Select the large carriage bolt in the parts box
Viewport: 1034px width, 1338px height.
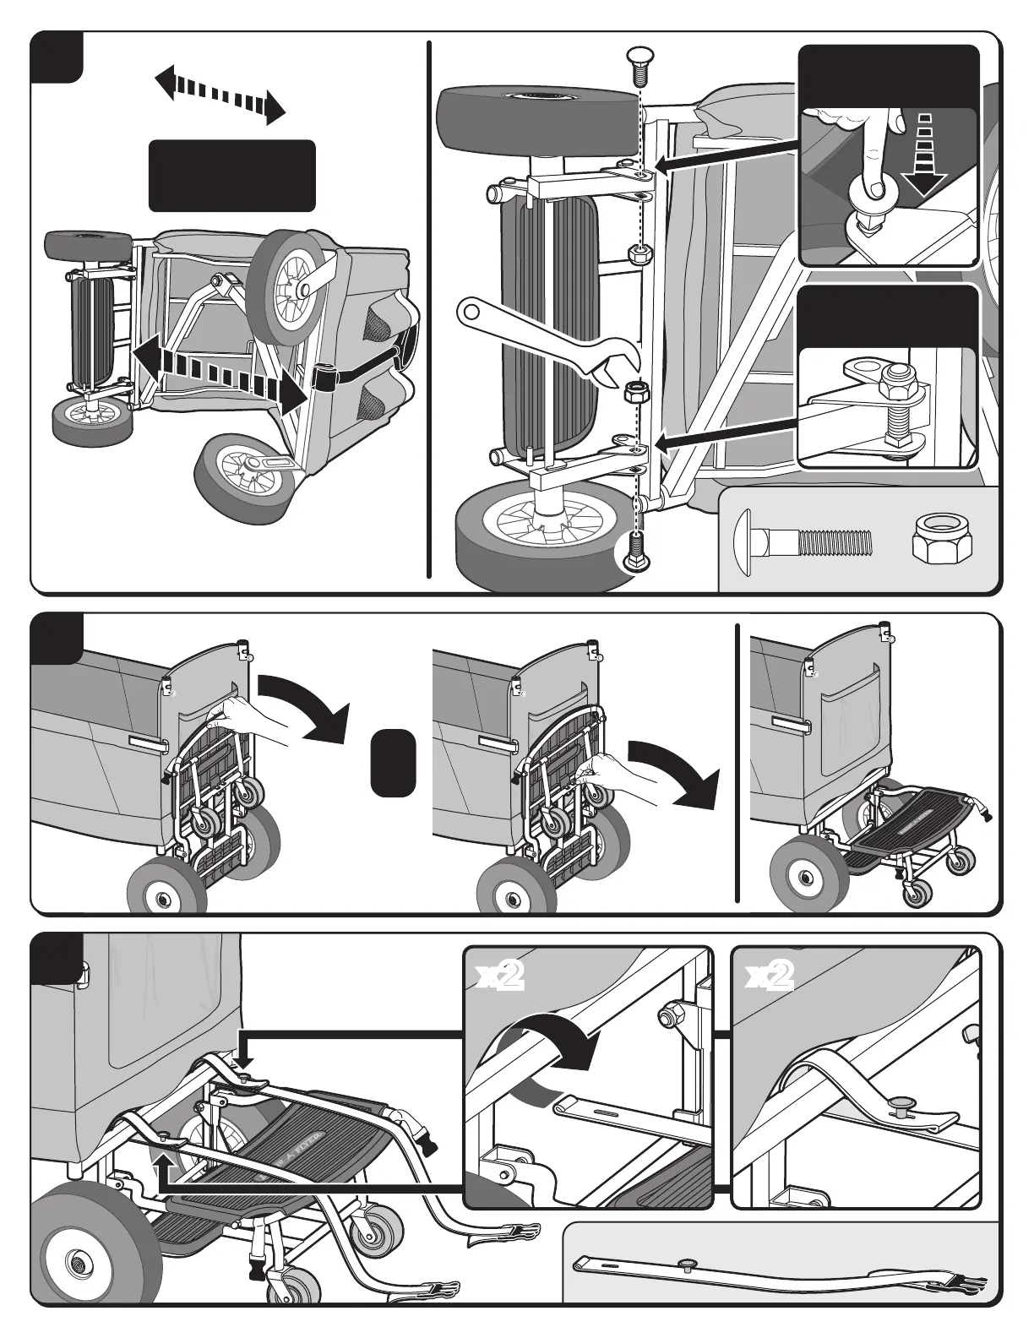[803, 540]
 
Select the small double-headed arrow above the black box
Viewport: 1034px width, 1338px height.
[220, 96]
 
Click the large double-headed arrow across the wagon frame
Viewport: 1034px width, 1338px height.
[218, 372]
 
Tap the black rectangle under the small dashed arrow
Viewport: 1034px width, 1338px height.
[232, 176]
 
